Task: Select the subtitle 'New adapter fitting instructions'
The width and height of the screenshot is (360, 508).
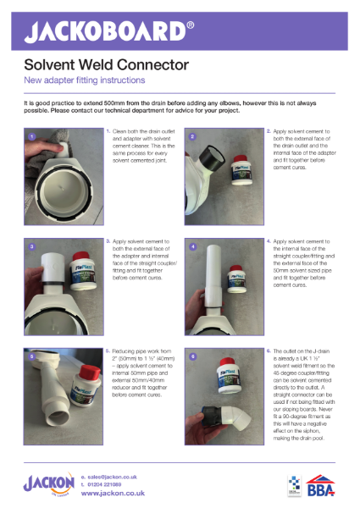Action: (84, 80)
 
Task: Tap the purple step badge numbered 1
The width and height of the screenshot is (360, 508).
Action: (30, 135)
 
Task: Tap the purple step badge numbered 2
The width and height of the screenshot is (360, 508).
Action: (192, 135)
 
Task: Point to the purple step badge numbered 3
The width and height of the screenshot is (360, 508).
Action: (30, 246)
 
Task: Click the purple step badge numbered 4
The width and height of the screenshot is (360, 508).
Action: (192, 246)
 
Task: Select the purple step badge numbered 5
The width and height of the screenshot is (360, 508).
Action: (30, 356)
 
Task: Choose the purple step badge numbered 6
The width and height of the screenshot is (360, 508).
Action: (192, 356)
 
